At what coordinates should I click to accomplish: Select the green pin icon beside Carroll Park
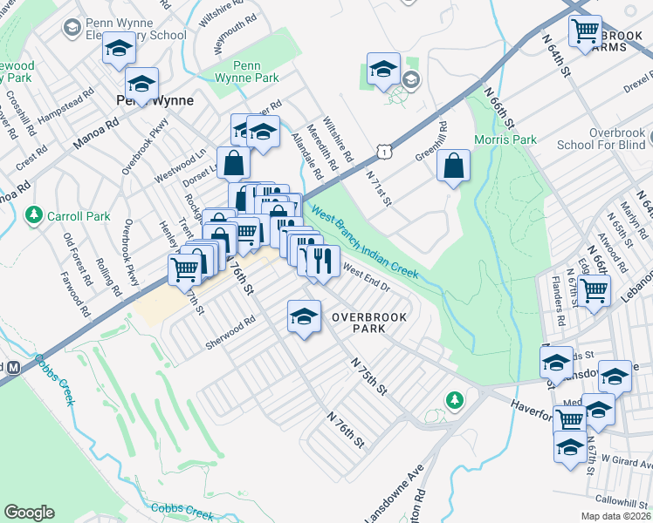tap(34, 214)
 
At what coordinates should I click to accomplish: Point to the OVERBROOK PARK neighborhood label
tap(369, 323)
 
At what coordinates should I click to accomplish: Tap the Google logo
tap(29, 513)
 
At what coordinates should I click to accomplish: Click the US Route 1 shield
tap(383, 152)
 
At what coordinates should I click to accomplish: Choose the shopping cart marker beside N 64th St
tap(584, 32)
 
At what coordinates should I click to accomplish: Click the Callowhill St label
tap(618, 501)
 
